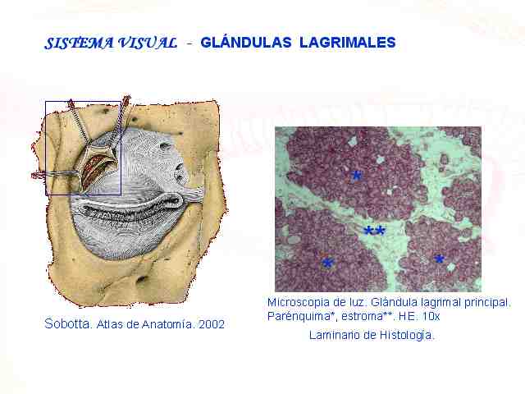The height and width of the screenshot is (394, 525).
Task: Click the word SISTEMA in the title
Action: tap(79, 44)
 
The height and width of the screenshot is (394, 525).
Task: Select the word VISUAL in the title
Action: tap(148, 44)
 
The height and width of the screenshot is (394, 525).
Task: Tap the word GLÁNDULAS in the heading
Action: tap(246, 42)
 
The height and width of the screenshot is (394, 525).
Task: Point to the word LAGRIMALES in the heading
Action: tap(348, 43)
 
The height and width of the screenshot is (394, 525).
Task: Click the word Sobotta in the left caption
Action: tap(67, 324)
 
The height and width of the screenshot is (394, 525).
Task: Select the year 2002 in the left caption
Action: tap(212, 324)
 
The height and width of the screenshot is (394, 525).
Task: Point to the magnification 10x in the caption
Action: tap(431, 316)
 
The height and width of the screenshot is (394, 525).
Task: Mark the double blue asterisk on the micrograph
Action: tap(374, 231)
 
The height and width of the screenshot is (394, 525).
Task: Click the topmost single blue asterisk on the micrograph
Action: tap(357, 175)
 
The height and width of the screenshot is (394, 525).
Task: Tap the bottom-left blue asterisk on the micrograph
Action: tap(327, 263)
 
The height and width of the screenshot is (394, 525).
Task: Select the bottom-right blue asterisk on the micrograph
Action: tap(440, 259)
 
